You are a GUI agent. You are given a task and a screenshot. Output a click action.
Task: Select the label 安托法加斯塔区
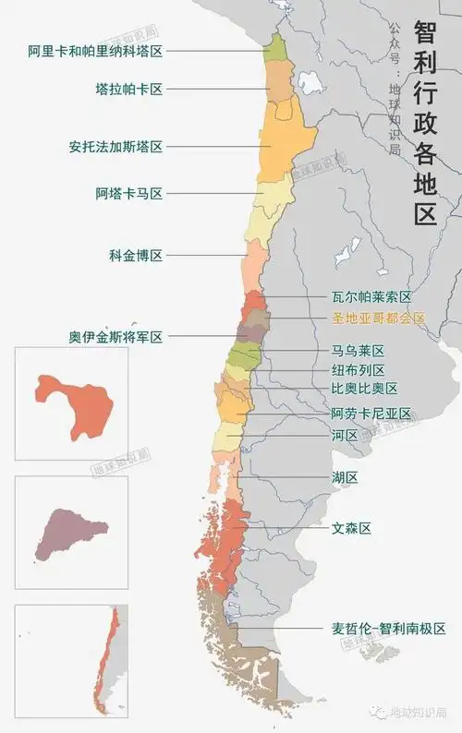point(115,147)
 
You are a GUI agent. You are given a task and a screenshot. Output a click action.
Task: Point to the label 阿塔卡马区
point(128,194)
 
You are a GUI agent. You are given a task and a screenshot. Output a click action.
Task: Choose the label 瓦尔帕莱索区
point(371,297)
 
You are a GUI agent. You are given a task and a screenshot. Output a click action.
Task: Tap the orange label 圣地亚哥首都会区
point(378,318)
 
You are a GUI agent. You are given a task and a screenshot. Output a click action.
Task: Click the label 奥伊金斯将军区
point(115,338)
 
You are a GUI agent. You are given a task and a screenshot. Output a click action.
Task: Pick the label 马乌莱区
point(358,351)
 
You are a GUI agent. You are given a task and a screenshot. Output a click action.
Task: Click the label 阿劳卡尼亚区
point(371,415)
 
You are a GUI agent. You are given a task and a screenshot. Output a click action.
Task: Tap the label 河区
point(345,436)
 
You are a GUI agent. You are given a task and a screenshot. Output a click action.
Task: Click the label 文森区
point(351,529)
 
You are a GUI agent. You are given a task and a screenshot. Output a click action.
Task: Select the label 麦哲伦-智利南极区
point(389,629)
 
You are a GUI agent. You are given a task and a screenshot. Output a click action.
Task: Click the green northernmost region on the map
point(275,48)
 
